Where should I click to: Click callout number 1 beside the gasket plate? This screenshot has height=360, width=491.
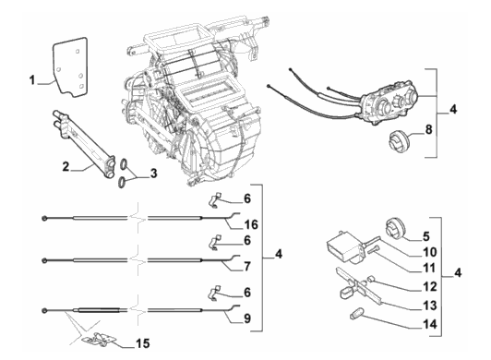(x=32, y=80)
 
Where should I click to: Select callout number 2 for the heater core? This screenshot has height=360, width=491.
(x=66, y=166)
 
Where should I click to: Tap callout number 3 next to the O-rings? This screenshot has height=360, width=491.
(x=153, y=174)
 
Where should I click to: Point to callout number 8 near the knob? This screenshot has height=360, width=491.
(x=428, y=129)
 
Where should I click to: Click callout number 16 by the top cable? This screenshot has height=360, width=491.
(x=252, y=224)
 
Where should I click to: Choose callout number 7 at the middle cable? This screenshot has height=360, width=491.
(x=247, y=267)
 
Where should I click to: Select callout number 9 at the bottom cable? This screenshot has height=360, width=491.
(x=247, y=318)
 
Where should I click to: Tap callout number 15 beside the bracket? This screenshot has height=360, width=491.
(x=143, y=343)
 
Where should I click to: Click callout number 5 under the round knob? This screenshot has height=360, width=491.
(x=426, y=236)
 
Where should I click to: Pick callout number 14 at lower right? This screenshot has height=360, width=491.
(x=430, y=324)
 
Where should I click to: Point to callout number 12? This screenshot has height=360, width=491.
(x=430, y=286)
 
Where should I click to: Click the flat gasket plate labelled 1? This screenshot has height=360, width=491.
(x=69, y=66)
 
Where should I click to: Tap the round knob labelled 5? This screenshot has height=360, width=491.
(x=395, y=229)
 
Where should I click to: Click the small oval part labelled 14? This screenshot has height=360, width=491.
(x=356, y=314)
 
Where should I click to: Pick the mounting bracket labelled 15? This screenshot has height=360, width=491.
(x=99, y=339)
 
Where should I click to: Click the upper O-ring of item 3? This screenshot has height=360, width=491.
(x=124, y=164)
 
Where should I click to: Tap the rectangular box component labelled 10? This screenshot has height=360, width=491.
(x=344, y=247)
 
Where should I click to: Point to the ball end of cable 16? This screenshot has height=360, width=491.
(x=44, y=218)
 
